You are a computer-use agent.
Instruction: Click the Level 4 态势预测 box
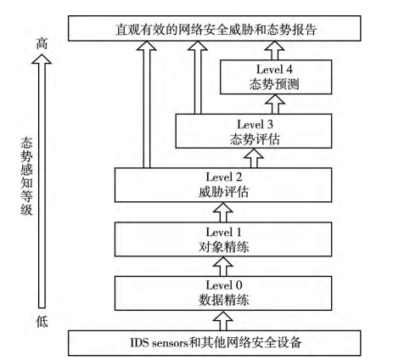(276, 77)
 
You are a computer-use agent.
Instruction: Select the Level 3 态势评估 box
(254, 131)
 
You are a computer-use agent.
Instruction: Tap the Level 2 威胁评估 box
(223, 185)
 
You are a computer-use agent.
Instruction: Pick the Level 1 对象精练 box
(223, 239)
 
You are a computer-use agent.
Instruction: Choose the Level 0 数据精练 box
(223, 293)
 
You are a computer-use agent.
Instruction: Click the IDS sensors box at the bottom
(215, 343)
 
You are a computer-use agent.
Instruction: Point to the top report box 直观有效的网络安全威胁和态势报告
(215, 28)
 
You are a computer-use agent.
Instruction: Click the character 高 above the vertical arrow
(42, 43)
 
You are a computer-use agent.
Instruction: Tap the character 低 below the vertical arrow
(42, 322)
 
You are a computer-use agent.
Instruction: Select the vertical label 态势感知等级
(26, 177)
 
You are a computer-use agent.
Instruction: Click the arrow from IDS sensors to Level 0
(223, 321)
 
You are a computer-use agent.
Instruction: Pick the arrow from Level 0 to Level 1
(223, 267)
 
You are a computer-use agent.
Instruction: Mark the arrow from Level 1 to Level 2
(223, 212)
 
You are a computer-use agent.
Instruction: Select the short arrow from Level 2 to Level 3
(254, 158)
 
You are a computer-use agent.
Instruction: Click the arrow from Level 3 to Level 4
(275, 104)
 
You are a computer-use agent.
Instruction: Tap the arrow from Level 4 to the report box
(275, 51)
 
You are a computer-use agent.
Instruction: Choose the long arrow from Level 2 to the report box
(147, 104)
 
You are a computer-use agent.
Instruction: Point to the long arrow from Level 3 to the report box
(198, 78)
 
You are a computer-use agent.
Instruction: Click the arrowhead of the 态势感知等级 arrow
(42, 59)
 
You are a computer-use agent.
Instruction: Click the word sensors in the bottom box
(171, 343)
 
